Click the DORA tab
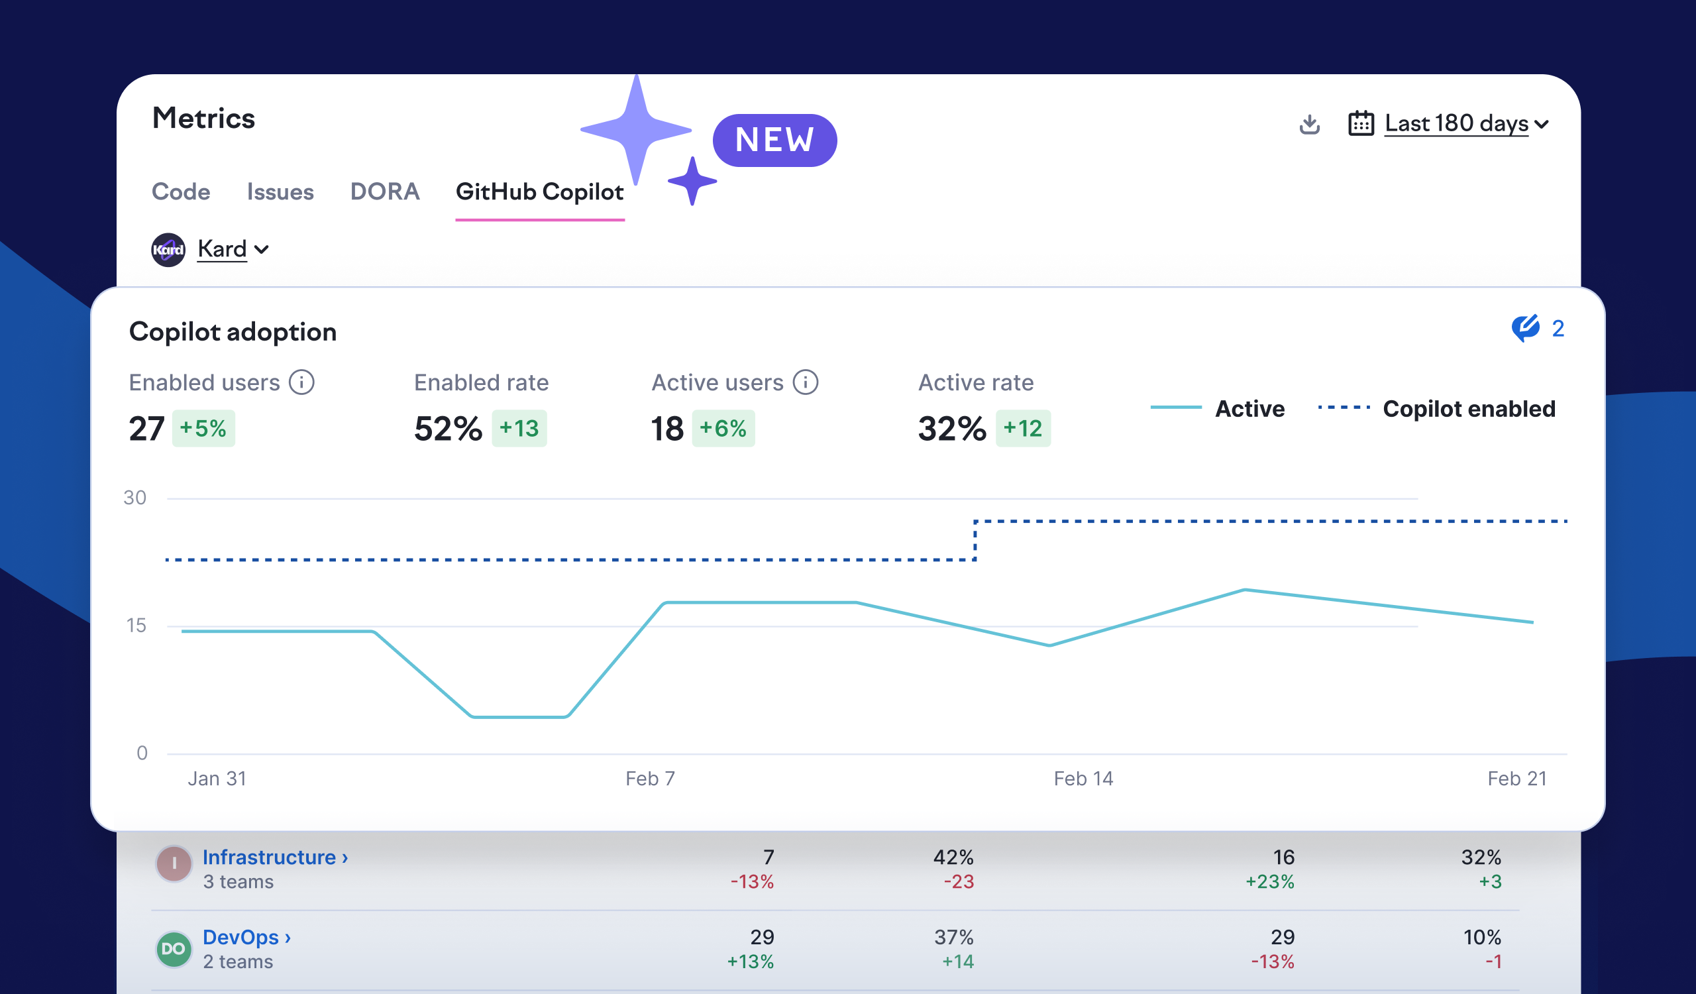(x=384, y=192)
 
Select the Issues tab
(x=280, y=192)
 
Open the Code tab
(x=180, y=192)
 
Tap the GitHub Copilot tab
(x=539, y=192)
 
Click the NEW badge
(x=774, y=140)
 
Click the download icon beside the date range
(x=1309, y=124)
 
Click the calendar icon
(x=1361, y=124)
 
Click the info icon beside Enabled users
(x=301, y=382)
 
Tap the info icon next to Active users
(x=805, y=382)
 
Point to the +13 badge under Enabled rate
(x=519, y=428)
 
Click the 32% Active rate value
(x=951, y=429)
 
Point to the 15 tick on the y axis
(x=136, y=625)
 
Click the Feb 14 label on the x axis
(x=1083, y=779)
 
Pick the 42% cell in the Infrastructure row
(x=953, y=857)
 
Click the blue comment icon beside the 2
(x=1525, y=329)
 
